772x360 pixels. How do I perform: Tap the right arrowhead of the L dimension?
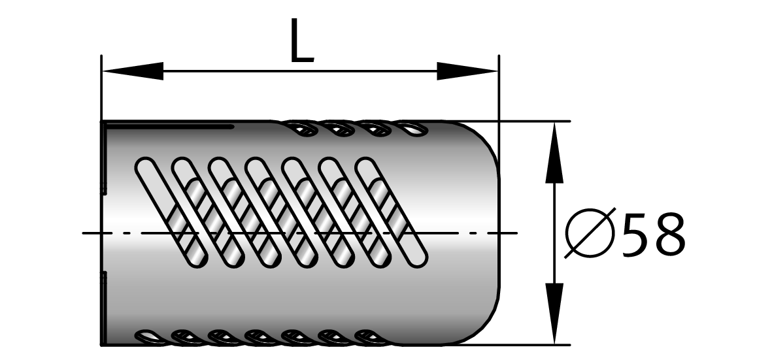pos(467,71)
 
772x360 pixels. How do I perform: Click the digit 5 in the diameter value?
pos(634,233)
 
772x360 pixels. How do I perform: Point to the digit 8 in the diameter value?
pos(668,233)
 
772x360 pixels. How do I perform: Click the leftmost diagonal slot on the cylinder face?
pos(169,212)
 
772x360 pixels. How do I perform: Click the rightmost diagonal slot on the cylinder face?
pos(390,212)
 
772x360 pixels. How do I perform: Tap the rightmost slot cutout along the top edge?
pos(411,128)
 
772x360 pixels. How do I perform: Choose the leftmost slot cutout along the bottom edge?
pos(150,337)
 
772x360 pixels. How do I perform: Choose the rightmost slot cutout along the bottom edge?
pos(372,337)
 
